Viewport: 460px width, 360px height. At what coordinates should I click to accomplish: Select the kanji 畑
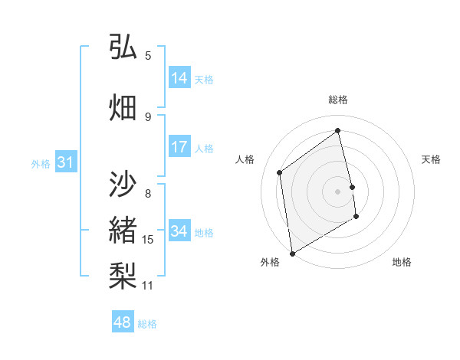(123, 106)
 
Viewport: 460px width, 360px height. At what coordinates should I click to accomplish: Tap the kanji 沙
(123, 185)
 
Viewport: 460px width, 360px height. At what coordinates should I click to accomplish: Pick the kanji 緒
(123, 231)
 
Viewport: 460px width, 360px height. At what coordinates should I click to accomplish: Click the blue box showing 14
(179, 78)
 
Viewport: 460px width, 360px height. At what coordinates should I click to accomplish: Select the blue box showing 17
(179, 147)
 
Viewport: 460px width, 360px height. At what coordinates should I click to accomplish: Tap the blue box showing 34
(179, 231)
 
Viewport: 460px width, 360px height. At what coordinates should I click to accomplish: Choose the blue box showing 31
(65, 162)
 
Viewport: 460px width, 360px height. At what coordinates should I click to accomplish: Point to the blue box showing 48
(123, 322)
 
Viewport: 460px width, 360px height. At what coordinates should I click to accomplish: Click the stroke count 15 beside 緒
(148, 240)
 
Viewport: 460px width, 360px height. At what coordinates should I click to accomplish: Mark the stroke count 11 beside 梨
(148, 286)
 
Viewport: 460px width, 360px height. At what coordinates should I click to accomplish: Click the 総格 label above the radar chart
(338, 100)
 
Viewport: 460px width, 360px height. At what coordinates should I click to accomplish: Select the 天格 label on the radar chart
(431, 159)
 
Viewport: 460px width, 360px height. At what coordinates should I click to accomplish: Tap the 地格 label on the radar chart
(402, 262)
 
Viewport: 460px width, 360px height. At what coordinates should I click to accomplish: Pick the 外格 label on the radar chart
(269, 262)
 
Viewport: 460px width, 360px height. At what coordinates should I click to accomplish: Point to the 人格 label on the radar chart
(245, 159)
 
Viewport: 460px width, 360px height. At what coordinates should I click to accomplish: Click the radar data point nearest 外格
(291, 253)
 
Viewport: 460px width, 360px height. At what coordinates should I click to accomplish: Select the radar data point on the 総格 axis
(338, 131)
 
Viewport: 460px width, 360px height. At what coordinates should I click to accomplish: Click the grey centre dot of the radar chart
(338, 191)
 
